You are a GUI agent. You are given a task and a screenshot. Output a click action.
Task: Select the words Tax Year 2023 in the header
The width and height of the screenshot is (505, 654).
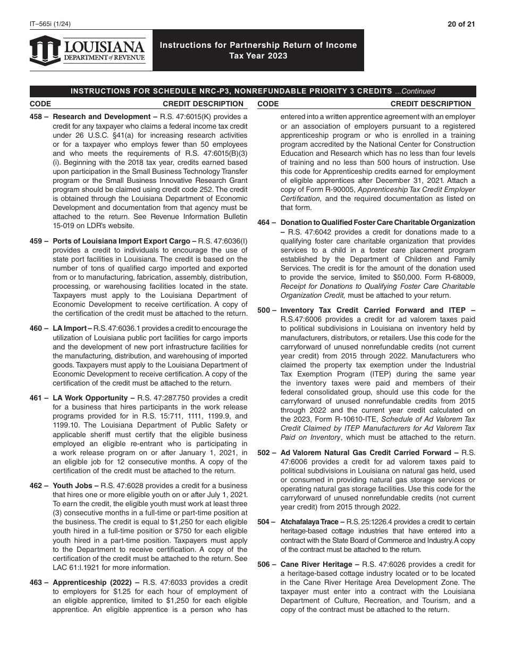click(258, 56)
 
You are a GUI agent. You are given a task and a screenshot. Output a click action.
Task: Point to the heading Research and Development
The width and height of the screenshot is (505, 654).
click(102, 116)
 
